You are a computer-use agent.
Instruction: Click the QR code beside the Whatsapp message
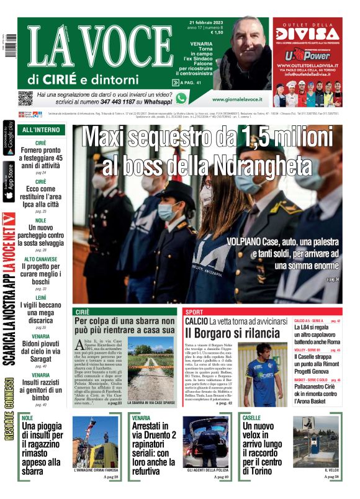tap(25, 97)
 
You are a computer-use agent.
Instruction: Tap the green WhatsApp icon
tap(181, 98)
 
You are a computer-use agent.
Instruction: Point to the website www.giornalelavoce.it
tap(237, 99)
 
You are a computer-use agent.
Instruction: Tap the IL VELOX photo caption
tap(331, 470)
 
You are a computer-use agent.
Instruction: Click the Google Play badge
tap(9, 138)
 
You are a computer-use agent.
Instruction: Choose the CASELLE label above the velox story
tap(252, 418)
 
